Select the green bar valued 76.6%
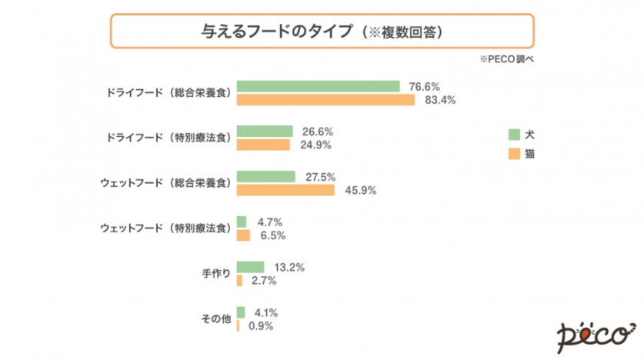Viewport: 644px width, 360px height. click(x=318, y=86)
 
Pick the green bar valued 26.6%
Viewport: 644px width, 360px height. click(x=265, y=132)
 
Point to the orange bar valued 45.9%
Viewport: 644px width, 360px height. click(x=285, y=190)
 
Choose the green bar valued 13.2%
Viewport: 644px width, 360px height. click(x=250, y=267)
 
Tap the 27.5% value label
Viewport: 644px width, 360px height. click(x=320, y=177)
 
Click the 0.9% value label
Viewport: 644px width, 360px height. click(x=259, y=326)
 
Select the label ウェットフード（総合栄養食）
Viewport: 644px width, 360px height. click(x=165, y=183)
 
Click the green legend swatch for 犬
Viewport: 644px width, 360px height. click(x=514, y=134)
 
